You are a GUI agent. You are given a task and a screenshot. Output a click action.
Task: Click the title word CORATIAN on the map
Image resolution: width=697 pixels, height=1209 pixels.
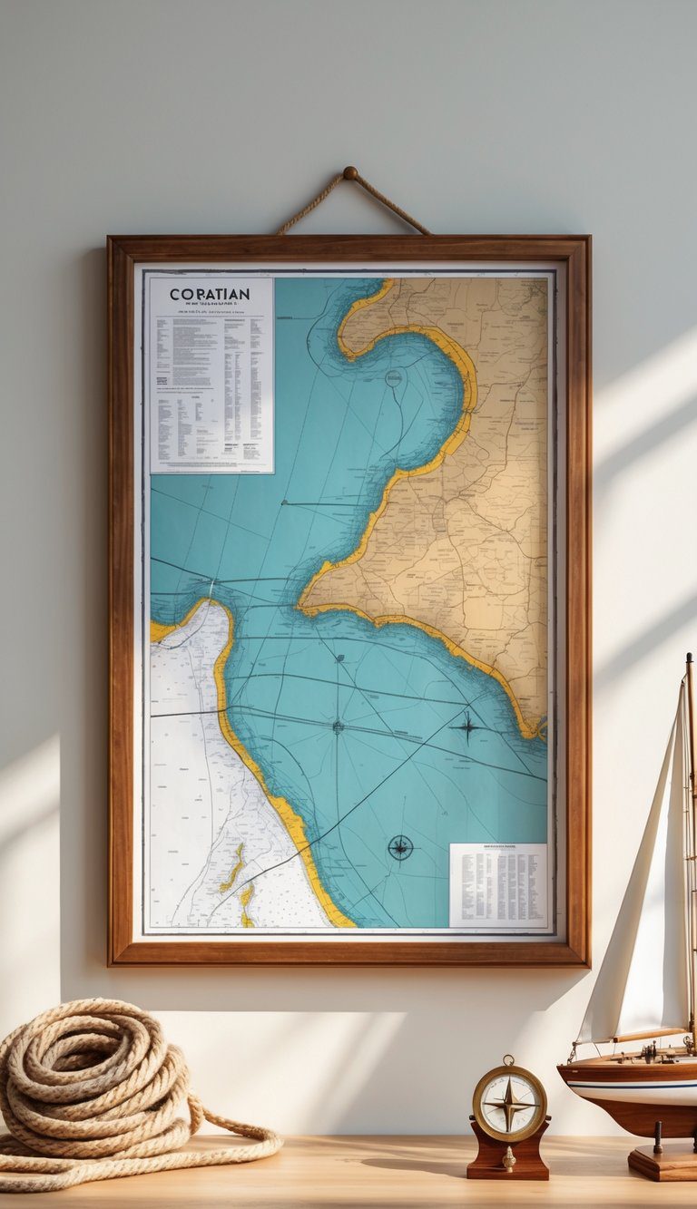[210, 295]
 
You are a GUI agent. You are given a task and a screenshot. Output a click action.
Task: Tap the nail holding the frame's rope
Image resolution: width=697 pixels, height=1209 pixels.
[350, 172]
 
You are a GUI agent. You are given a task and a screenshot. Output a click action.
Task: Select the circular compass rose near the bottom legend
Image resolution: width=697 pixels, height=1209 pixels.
[400, 847]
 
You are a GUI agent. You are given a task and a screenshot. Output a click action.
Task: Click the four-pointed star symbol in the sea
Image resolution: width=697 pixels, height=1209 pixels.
[467, 725]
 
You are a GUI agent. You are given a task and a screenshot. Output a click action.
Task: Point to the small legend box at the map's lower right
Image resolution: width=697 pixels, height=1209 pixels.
[498, 885]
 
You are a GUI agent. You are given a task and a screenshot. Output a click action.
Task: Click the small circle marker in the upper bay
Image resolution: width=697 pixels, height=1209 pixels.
[393, 379]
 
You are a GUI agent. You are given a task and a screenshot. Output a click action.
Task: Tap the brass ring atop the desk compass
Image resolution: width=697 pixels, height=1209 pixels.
[508, 1060]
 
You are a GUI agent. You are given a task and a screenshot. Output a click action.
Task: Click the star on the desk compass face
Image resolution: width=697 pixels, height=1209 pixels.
[509, 1105]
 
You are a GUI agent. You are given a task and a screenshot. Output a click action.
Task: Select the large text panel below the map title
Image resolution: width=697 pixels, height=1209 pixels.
[211, 390]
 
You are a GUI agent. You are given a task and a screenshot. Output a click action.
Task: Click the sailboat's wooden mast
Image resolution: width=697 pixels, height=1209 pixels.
[690, 816]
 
